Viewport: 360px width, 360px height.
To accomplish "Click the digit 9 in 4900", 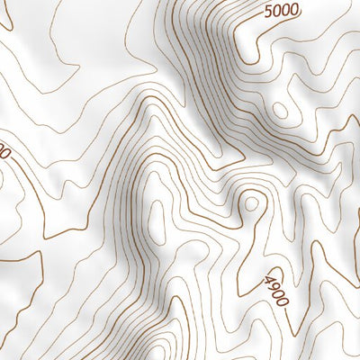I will pyautogui.click(x=273, y=288).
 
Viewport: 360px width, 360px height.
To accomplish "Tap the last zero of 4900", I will pyautogui.click(x=283, y=301).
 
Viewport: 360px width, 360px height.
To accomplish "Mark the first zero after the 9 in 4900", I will pyautogui.click(x=278, y=295).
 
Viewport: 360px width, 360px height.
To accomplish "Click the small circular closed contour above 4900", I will pyautogui.click(x=251, y=203).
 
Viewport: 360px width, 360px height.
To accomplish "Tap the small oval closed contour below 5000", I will pyautogui.click(x=281, y=111).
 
